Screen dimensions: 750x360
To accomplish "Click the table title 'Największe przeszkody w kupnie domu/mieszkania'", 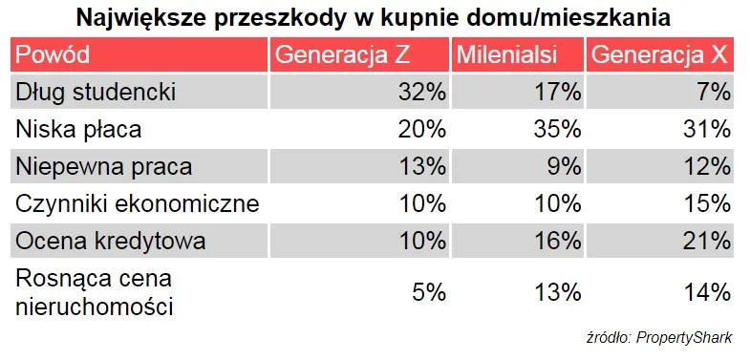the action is [x=374, y=18].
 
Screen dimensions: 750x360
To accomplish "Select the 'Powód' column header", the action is [x=53, y=55].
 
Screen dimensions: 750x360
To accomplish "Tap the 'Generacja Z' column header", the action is [x=342, y=55].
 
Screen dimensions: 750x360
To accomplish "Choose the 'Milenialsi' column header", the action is [x=507, y=55].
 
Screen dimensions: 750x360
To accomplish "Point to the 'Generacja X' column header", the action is [x=659, y=55].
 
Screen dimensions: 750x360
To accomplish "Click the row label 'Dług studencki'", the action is [x=96, y=93].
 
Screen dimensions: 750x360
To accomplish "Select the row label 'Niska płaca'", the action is [x=78, y=129].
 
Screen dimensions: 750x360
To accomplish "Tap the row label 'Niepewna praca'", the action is [x=104, y=166].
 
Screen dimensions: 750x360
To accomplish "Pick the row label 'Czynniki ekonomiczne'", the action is [x=138, y=204].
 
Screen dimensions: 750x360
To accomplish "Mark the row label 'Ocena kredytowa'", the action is [x=111, y=241].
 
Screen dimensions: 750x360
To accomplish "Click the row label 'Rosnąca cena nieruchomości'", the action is [x=95, y=293].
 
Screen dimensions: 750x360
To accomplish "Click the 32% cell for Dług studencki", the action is [x=422, y=93].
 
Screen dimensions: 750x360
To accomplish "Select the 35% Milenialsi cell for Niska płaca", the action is [x=558, y=130].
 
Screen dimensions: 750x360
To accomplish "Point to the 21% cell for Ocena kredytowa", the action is [x=707, y=242].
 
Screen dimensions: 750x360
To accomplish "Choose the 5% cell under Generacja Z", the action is [x=429, y=292].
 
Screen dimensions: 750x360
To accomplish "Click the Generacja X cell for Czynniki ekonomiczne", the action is [x=707, y=204].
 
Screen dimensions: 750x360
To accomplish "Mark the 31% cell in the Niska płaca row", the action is [x=707, y=130].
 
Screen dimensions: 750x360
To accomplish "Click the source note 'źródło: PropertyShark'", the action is [x=659, y=338].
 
